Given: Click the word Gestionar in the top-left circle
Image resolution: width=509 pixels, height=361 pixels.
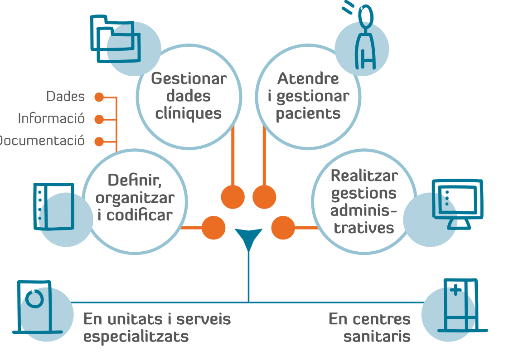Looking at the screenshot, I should tap(189, 78).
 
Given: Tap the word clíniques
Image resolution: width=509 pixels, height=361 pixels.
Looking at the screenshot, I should tap(189, 113).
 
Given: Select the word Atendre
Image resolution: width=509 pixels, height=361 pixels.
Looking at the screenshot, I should tap(308, 78).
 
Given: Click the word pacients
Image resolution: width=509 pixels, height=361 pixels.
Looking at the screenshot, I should tap(308, 113).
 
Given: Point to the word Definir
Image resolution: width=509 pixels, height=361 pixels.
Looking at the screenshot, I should tap(135, 180).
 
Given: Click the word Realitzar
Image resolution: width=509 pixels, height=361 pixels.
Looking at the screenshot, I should tap(364, 176).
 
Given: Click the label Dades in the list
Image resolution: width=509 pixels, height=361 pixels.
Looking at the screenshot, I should tap(65, 97).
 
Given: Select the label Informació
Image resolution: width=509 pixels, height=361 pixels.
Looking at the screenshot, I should tap(51, 119).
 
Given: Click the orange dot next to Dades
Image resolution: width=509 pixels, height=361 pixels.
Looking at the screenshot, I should tap(99, 97).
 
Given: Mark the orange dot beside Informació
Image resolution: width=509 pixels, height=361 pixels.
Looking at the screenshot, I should tap(99, 119).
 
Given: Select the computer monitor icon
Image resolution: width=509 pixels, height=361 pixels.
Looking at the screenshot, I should tap(456, 203).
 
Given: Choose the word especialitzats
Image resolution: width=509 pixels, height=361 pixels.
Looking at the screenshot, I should tap(136, 337).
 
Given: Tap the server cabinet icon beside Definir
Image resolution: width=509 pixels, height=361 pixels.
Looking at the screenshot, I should tap(53, 206).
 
